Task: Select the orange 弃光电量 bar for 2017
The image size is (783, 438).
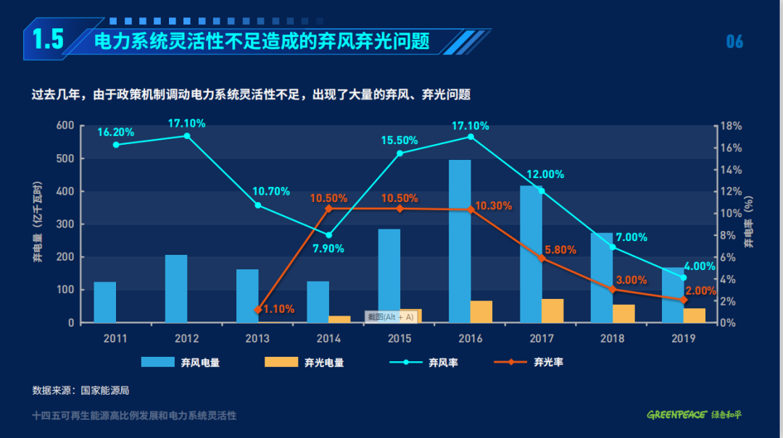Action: click(x=552, y=311)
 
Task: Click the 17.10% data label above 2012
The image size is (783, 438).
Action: click(x=186, y=123)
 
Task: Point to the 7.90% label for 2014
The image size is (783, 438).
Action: click(x=328, y=248)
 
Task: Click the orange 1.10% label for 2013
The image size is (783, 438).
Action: click(x=278, y=309)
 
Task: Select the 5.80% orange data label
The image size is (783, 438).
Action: click(x=560, y=250)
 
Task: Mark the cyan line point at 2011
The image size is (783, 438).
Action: click(x=116, y=145)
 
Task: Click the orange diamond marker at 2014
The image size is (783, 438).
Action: click(x=329, y=209)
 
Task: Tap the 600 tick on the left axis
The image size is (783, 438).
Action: click(x=65, y=126)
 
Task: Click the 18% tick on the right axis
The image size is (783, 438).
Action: click(x=731, y=126)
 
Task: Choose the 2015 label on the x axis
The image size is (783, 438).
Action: click(x=399, y=338)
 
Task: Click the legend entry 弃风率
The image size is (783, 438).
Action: click(x=442, y=362)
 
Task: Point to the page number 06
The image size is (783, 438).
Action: click(x=734, y=41)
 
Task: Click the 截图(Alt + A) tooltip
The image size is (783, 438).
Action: click(x=390, y=316)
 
